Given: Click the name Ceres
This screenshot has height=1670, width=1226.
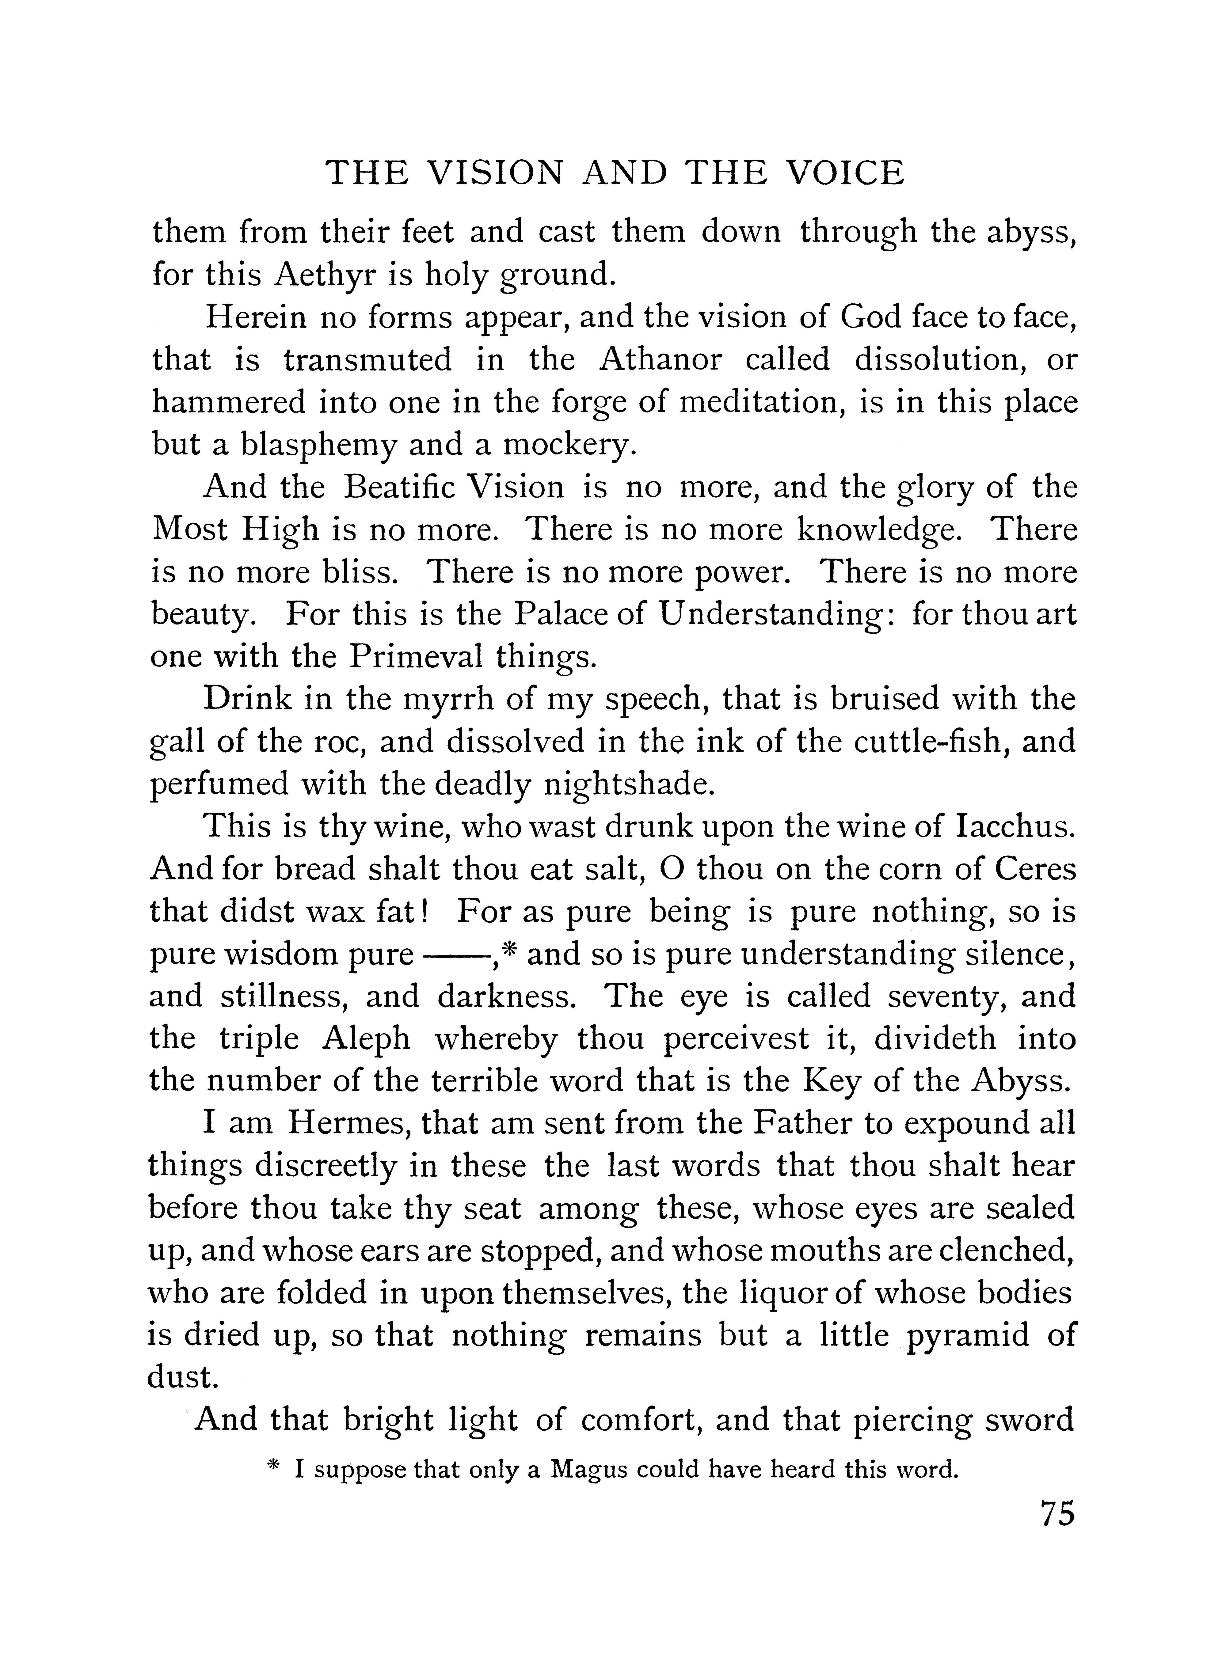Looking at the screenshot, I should click(x=1035, y=870).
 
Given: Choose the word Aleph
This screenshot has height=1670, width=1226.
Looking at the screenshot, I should click(x=366, y=1039).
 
